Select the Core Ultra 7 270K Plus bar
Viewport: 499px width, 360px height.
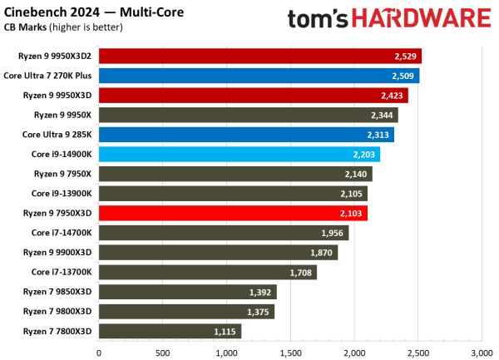(259, 76)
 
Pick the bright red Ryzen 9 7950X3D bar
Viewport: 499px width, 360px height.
(233, 213)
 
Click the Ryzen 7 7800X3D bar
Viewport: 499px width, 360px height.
(170, 331)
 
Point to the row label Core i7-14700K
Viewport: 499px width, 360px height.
(62, 233)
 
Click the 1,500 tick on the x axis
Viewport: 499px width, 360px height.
(290, 352)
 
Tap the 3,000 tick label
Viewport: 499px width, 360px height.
(482, 352)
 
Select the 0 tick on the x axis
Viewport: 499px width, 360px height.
(99, 352)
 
